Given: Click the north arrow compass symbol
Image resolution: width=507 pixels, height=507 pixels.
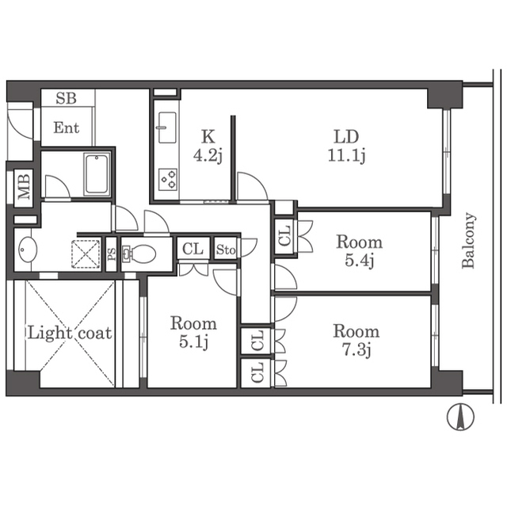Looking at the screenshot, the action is click(x=460, y=417).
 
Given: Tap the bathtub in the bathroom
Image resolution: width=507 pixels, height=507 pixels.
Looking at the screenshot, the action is click(x=97, y=174).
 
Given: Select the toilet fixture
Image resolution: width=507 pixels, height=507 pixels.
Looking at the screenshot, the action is click(x=139, y=253).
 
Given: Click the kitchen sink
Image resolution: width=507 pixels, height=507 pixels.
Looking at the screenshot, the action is click(x=167, y=128).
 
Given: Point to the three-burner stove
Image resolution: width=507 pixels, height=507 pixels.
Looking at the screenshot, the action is click(x=168, y=180).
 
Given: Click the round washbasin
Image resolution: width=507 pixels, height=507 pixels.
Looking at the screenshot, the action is click(x=28, y=250).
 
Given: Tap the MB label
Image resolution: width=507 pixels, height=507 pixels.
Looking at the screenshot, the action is click(x=24, y=187).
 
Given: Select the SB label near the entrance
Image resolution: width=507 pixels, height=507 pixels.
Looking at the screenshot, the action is click(x=66, y=98).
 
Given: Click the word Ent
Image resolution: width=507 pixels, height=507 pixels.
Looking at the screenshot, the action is click(x=67, y=128).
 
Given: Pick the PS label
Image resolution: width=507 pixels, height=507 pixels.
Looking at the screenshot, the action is click(x=112, y=254).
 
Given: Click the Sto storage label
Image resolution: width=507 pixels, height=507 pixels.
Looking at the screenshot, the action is click(x=226, y=250).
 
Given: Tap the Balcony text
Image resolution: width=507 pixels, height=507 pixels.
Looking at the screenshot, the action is click(x=468, y=240).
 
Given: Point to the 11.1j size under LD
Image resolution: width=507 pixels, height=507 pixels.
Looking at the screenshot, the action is click(x=346, y=155).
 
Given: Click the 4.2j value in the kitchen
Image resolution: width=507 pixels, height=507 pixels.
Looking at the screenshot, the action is click(x=208, y=156).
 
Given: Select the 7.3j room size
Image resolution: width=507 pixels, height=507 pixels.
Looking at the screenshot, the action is click(x=356, y=350).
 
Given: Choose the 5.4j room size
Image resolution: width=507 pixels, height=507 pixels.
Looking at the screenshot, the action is click(x=359, y=261).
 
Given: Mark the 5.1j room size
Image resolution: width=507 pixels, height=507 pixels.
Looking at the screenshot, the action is click(x=193, y=341).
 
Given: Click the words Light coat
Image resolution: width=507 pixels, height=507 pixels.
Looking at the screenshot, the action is click(x=70, y=333).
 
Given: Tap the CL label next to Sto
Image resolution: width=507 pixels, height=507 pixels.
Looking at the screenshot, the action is click(x=193, y=249).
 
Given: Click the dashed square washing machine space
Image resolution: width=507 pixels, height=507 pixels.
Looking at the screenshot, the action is click(x=86, y=253).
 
